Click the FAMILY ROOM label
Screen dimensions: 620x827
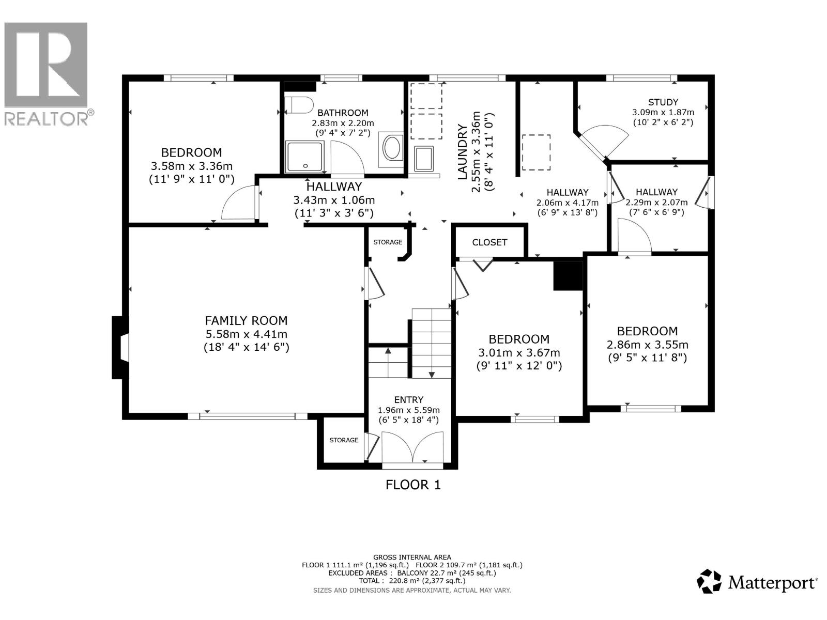(x=246, y=320)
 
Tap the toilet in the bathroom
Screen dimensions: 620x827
(x=299, y=105)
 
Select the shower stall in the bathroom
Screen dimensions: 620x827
(x=305, y=157)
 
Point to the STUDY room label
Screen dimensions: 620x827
(x=663, y=102)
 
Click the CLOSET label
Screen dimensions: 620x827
(x=489, y=242)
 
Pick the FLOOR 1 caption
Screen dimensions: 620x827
(x=413, y=485)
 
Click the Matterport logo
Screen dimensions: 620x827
(x=757, y=582)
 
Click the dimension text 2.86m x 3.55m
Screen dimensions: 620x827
(x=647, y=345)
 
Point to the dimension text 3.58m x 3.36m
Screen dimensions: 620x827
(x=191, y=166)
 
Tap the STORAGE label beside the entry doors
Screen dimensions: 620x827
(x=344, y=440)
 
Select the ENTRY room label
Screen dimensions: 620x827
(x=408, y=399)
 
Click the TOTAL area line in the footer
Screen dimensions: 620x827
(x=412, y=580)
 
